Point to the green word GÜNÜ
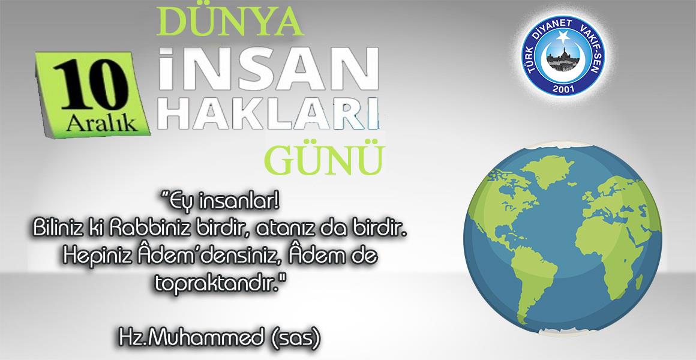pyautogui.click(x=323, y=158)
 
